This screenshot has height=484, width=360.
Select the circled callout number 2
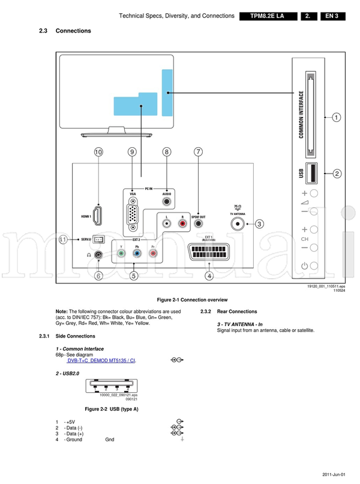[337, 174]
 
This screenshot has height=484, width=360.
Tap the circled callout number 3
[259, 224]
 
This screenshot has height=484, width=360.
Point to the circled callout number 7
[198, 153]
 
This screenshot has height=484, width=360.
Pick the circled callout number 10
[98, 153]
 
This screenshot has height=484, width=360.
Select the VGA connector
[133, 214]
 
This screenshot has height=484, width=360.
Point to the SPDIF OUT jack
[198, 223]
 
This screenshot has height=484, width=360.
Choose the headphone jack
[98, 255]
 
